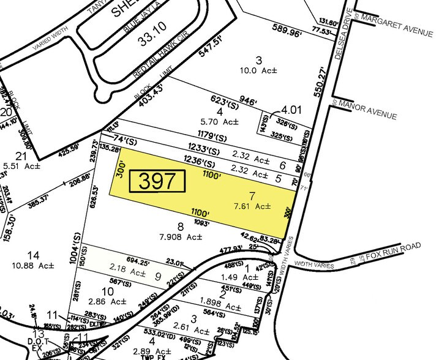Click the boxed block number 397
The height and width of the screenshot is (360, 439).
coord(161,181)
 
